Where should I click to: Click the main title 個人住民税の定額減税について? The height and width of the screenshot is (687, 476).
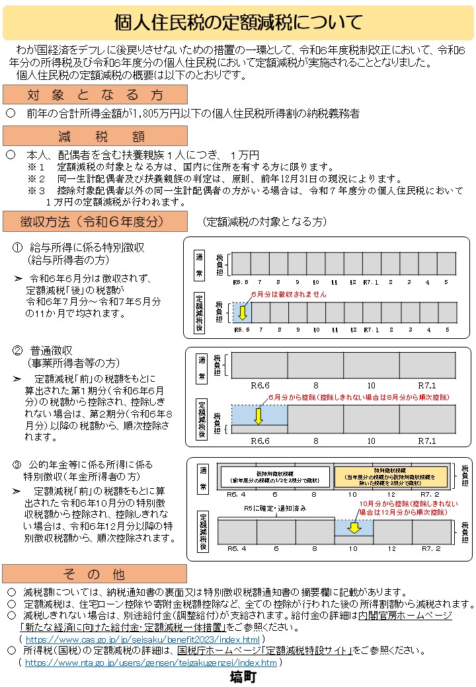(x=238, y=23)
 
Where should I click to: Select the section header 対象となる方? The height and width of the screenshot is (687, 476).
(x=95, y=95)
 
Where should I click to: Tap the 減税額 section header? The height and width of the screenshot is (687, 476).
(x=95, y=137)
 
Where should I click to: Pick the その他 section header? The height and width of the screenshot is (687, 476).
(x=95, y=573)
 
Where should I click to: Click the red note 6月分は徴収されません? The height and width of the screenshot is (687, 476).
(x=288, y=294)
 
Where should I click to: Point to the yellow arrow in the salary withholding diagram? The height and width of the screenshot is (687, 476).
(x=242, y=311)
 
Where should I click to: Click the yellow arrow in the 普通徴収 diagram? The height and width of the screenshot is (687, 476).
(x=259, y=416)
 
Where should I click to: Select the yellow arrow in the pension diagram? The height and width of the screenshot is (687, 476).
(x=354, y=527)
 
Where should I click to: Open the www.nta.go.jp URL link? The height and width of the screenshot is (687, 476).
(x=151, y=663)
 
